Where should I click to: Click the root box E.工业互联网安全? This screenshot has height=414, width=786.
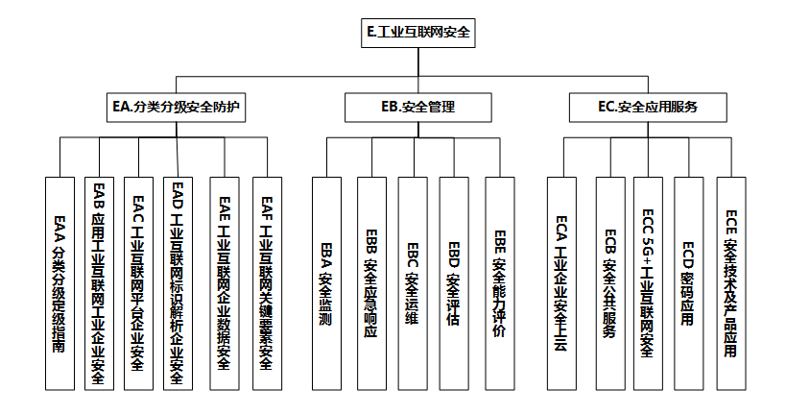tap(418, 33)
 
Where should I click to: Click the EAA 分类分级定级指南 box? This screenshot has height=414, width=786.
tap(60, 283)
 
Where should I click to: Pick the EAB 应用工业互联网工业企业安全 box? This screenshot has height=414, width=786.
tap(98, 283)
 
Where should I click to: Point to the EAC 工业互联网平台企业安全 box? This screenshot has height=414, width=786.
tap(137, 283)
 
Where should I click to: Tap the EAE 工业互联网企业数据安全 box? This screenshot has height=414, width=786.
tap(224, 283)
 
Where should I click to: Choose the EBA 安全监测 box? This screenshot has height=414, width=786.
tap(326, 283)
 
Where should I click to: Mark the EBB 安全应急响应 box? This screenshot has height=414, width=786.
tap(371, 283)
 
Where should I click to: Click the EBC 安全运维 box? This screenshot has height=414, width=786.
tap(413, 283)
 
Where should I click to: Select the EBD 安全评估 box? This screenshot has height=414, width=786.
tap(454, 283)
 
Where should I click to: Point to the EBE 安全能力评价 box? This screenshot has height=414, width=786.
tap(499, 283)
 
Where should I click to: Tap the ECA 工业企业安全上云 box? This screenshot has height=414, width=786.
tap(563, 283)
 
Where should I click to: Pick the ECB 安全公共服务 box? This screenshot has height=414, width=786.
tap(610, 283)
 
